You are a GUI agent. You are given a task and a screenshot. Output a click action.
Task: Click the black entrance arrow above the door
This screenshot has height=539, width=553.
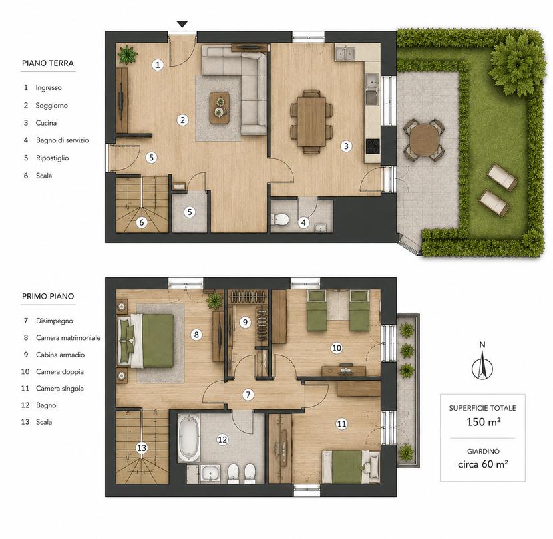182,24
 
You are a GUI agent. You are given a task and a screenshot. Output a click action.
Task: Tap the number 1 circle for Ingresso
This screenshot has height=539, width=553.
158,65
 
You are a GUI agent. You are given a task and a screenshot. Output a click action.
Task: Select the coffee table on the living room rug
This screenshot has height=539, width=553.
220,108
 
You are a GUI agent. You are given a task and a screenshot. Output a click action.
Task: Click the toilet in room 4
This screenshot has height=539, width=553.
280,220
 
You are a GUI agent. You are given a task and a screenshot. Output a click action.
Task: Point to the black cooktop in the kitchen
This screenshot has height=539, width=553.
373,146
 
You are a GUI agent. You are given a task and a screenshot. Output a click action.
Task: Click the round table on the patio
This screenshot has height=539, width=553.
424,139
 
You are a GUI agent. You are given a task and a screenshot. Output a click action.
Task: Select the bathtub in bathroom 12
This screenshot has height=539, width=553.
188,437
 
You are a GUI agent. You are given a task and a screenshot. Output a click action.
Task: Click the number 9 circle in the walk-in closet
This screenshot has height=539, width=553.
245,322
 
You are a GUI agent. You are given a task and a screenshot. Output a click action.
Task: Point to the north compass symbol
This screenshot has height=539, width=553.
482,365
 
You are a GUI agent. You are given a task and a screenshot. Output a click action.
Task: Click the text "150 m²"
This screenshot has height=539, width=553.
483,422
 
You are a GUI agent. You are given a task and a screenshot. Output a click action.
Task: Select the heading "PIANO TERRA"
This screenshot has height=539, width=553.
48,63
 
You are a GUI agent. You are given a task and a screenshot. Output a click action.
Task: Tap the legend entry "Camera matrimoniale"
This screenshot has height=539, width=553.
68,337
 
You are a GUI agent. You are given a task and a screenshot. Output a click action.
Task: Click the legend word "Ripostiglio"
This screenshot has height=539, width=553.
52,158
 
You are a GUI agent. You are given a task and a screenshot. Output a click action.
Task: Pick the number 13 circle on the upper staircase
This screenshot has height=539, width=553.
142,448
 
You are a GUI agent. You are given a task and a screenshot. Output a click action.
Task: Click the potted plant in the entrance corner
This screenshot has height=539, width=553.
128,54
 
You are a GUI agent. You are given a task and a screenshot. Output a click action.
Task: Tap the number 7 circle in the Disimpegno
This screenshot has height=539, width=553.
248,394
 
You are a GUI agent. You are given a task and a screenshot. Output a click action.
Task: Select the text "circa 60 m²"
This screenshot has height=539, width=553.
483,464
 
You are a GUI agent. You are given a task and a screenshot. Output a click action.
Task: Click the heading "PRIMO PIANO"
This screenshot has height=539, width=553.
48,296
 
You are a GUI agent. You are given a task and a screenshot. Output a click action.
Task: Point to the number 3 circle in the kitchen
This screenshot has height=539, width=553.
346,146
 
